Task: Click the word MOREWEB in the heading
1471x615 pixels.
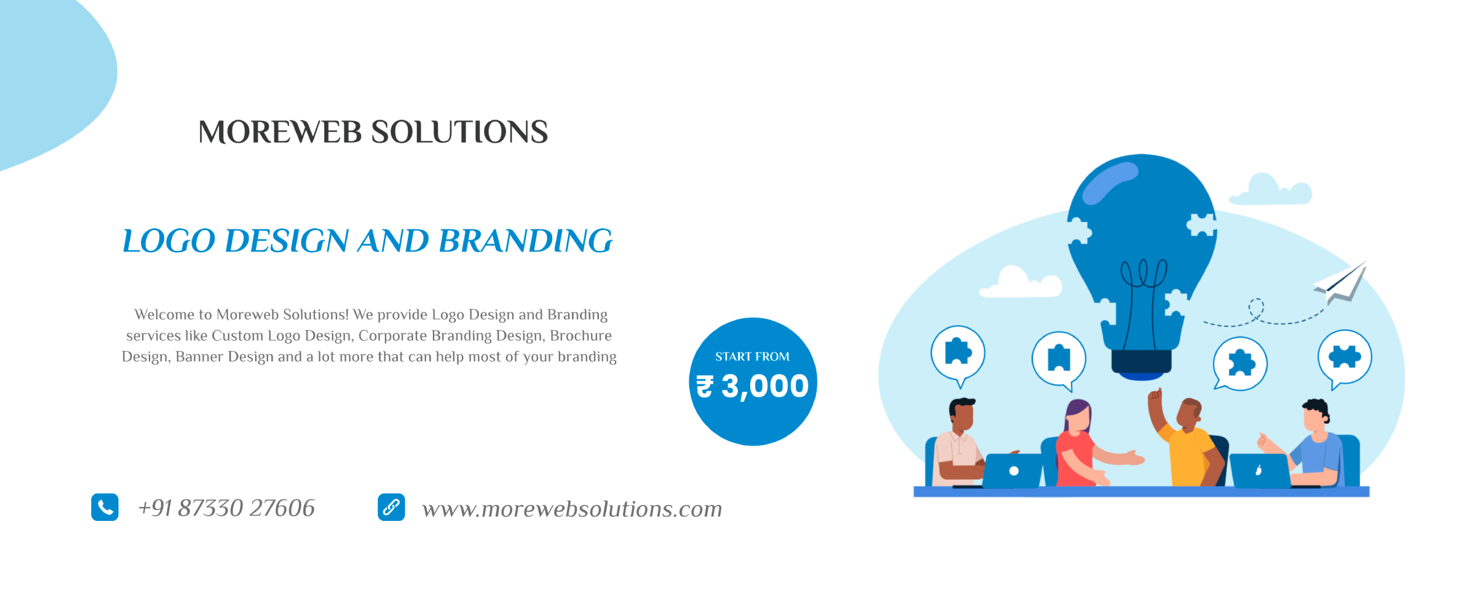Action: [280, 132]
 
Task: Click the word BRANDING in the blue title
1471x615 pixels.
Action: [526, 240]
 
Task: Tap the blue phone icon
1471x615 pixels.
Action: [105, 507]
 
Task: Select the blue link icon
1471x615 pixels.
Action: [391, 507]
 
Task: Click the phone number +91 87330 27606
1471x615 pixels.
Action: [226, 508]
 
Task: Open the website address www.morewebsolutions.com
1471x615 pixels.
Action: [572, 509]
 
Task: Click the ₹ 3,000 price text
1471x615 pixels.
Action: [752, 386]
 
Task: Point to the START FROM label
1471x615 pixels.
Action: [752, 357]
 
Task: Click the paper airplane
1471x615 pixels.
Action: [1341, 283]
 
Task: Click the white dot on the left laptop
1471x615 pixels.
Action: [1014, 471]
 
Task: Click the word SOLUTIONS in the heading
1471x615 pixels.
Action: [459, 132]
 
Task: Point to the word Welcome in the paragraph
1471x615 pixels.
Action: [164, 315]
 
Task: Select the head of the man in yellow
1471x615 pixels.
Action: [1189, 413]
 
